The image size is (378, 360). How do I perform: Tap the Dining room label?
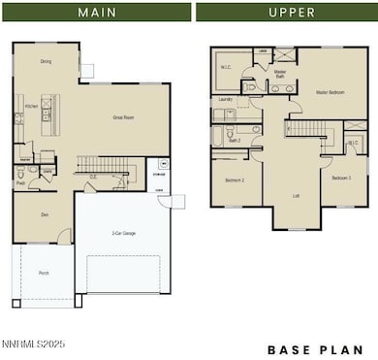(46, 61)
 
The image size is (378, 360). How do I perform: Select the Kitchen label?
(31, 106)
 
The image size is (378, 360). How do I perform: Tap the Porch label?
(43, 274)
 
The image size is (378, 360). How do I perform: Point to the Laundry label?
(225, 99)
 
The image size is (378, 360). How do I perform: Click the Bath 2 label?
(234, 140)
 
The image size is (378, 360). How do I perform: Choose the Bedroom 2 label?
(235, 180)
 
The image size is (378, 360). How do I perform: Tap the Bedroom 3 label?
(341, 179)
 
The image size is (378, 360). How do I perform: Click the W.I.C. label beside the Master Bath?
(225, 67)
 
